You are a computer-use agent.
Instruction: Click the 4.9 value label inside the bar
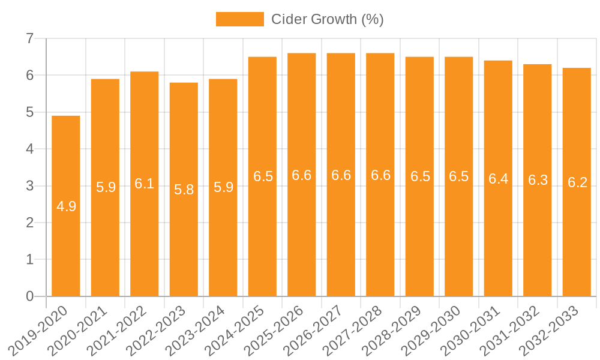(x=66, y=207)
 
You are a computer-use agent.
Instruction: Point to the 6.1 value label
(x=145, y=184)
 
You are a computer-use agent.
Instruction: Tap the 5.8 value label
(x=184, y=190)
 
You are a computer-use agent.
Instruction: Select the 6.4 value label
(x=498, y=179)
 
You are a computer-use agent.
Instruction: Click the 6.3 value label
(x=538, y=181)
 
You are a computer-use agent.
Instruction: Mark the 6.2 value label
(x=577, y=183)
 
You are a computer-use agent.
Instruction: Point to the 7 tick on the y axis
(x=30, y=39)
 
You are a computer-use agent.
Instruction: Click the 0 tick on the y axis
(x=30, y=296)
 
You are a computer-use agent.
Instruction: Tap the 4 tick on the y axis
(x=30, y=149)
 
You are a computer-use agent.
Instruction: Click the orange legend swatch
(x=239, y=19)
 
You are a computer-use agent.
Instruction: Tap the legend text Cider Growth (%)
(x=327, y=19)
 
